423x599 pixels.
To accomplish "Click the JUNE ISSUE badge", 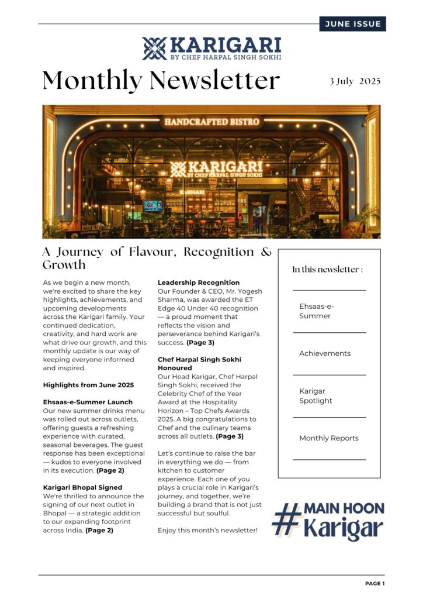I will tap(352, 24).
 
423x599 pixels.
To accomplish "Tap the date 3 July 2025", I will tap(355, 81).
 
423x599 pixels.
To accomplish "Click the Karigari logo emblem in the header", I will tap(154, 49).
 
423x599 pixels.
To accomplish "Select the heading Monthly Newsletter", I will tap(161, 80).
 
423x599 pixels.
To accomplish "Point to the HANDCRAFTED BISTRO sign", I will tap(211, 122).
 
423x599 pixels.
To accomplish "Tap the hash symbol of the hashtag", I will tap(287, 519).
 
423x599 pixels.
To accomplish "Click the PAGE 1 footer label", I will tap(375, 583).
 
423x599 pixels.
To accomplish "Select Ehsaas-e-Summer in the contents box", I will tap(315, 311).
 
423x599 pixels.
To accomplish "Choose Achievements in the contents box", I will tap(325, 353).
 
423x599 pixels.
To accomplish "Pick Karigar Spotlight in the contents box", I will tap(315, 396).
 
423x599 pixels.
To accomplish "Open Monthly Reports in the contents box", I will tap(329, 438).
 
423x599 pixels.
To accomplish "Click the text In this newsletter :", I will tap(328, 270).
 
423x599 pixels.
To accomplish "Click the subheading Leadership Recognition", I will tap(199, 283).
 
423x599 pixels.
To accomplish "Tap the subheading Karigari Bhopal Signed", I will tap(82, 487).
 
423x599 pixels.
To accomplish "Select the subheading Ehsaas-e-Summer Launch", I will tap(88, 402).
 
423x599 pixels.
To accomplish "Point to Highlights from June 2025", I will tap(88, 385).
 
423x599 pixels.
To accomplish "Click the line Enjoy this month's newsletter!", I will tap(207, 530).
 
